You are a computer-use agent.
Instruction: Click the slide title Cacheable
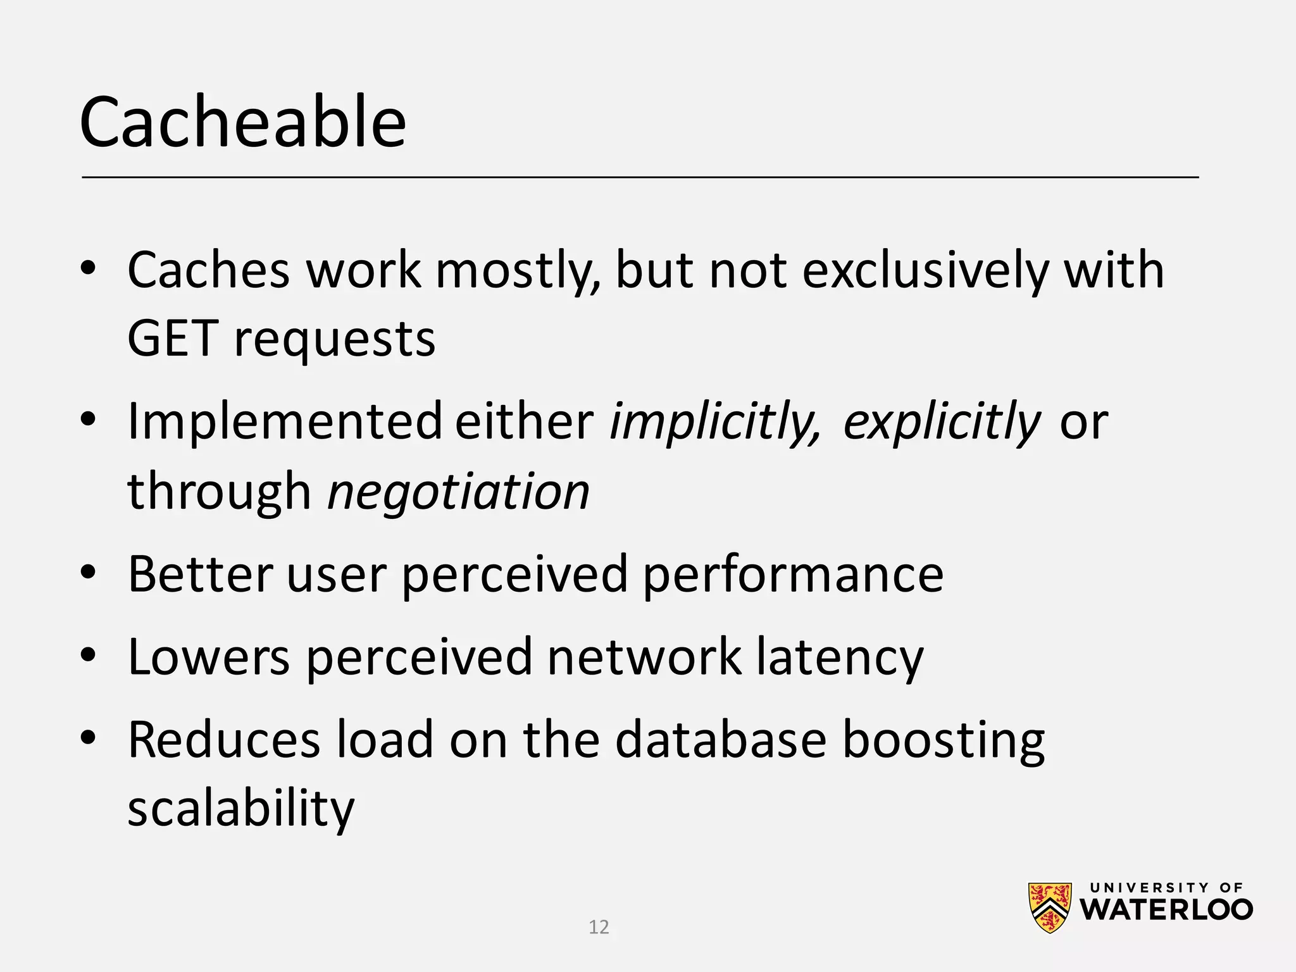coord(242,122)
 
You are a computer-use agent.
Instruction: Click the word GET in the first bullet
coord(173,339)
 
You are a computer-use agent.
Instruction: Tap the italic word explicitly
coord(941,422)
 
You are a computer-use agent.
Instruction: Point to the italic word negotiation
coord(459,492)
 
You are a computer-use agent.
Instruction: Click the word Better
coord(200,574)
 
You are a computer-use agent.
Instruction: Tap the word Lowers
coord(209,657)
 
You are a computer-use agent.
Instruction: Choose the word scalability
coord(241,809)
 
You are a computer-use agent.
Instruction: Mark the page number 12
coord(599,927)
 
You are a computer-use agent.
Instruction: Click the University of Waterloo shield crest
coord(1050,907)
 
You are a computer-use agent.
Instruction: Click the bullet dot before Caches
coord(88,268)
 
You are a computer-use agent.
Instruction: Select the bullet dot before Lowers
coord(88,654)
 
